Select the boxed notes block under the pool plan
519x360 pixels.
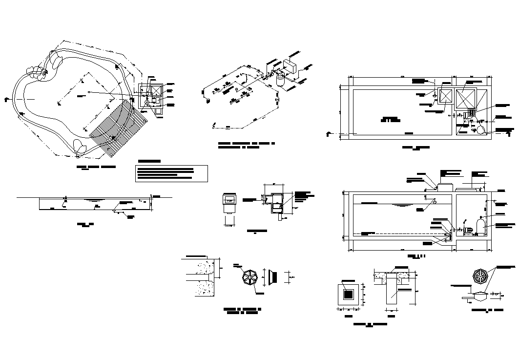[x=171, y=173]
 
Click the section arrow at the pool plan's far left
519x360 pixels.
[x=6, y=98]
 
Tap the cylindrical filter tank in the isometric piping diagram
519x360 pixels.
[x=280, y=80]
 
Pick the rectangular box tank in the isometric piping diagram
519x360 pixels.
[x=291, y=65]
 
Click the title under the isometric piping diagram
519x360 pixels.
[x=247, y=145]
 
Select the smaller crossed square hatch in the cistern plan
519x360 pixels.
[x=445, y=96]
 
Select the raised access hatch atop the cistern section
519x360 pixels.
[x=444, y=187]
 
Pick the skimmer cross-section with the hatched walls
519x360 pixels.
[x=275, y=203]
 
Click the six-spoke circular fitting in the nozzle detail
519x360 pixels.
[x=249, y=277]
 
